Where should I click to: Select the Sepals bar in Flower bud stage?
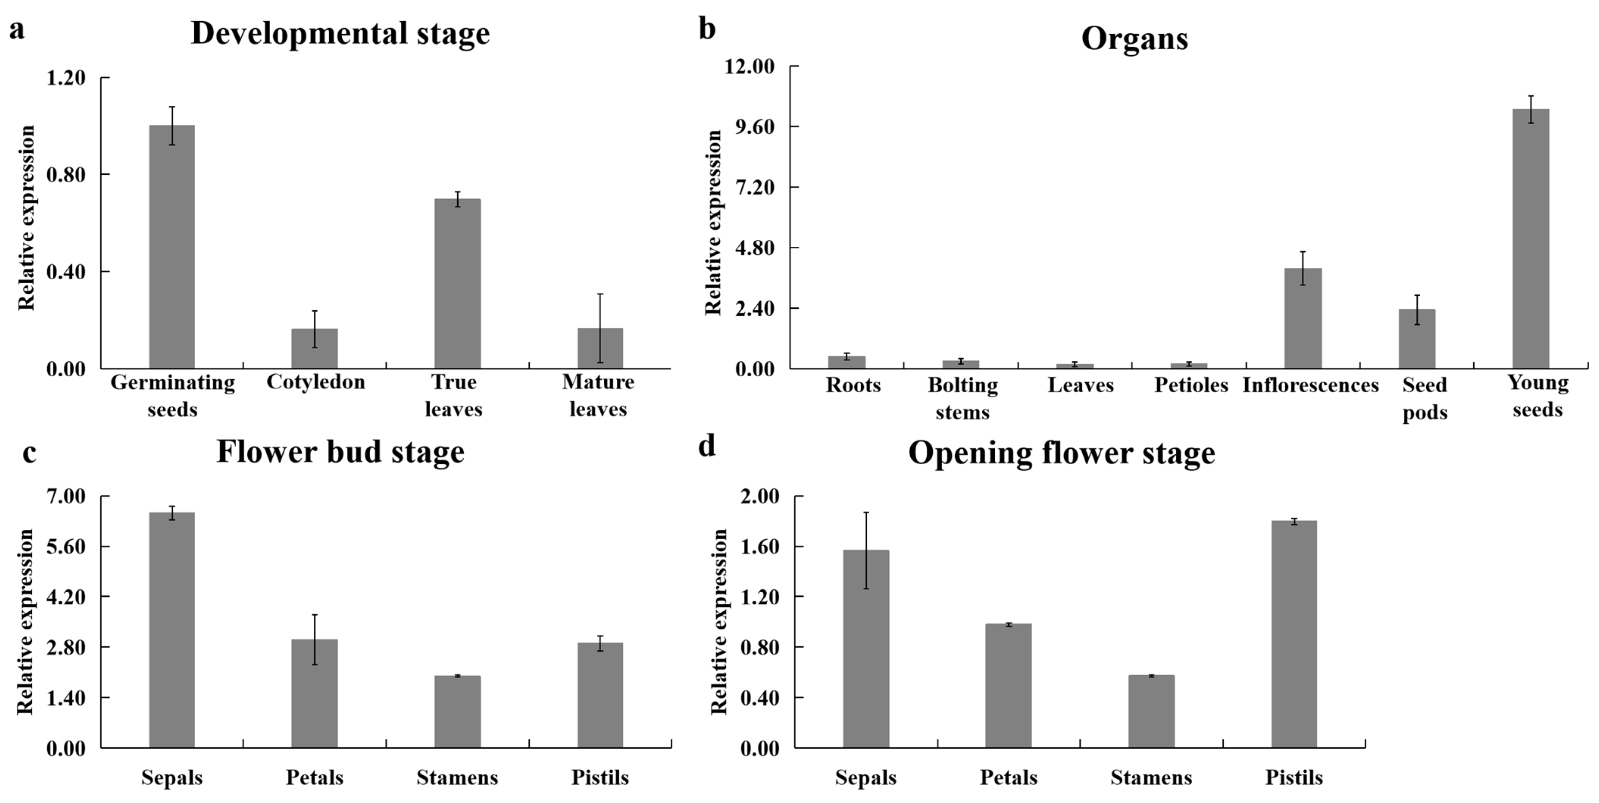point(172,630)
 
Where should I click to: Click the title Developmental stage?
point(340,33)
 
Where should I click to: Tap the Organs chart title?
point(1134,39)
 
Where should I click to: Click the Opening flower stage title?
point(1061,453)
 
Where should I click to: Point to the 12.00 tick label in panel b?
point(750,66)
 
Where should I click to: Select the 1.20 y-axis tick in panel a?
point(66,78)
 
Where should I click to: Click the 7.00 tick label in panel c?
point(66,497)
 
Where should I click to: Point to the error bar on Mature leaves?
point(600,328)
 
